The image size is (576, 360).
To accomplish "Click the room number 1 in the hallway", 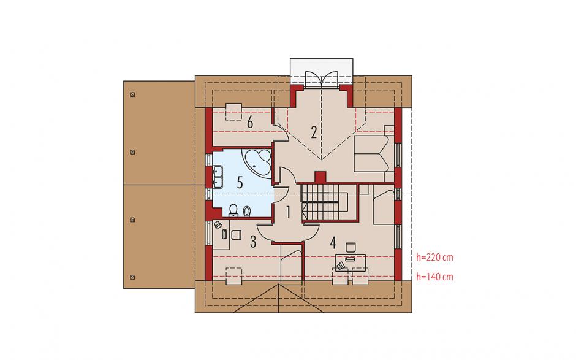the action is [x=289, y=212].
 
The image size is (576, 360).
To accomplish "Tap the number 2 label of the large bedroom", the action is [x=313, y=132].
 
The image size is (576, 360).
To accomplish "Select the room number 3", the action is [x=253, y=242].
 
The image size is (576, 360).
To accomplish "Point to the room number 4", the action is [x=333, y=242].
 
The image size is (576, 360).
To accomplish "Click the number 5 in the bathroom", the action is [x=240, y=182].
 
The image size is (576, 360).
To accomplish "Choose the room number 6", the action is [x=250, y=123].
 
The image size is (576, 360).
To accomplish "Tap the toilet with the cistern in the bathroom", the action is [x=233, y=210].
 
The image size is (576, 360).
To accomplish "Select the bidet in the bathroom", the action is [x=247, y=211].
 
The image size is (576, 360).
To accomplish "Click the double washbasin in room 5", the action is [x=218, y=177].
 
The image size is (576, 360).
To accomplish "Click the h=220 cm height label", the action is [x=434, y=257].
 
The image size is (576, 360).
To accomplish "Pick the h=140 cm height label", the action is [x=434, y=277].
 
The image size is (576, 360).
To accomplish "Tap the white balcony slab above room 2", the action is [x=322, y=72].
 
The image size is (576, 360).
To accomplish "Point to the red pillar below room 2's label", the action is [x=320, y=177].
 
